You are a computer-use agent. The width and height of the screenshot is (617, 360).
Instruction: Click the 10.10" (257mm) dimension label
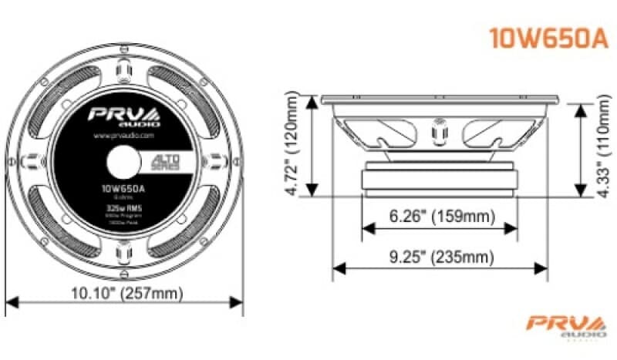124,293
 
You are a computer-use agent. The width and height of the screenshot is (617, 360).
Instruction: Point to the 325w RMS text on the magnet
123,207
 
